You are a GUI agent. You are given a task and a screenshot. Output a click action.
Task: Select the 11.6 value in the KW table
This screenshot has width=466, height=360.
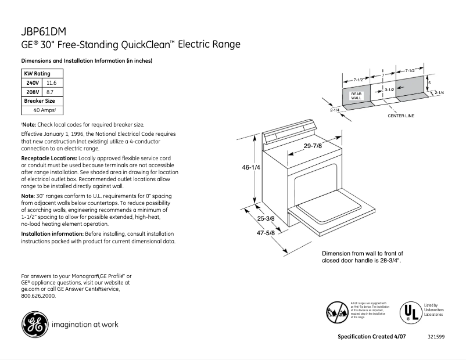(51, 83)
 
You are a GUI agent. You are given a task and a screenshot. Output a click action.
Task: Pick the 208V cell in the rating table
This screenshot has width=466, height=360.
(32, 92)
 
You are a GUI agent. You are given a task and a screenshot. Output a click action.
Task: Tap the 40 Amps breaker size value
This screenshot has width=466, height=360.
(44, 110)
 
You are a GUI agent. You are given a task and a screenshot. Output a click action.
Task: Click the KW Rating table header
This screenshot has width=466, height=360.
(37, 74)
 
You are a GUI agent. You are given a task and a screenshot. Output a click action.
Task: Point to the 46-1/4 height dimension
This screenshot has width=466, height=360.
(251, 167)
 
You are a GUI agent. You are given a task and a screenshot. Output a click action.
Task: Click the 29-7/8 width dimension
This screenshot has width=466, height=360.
(313, 146)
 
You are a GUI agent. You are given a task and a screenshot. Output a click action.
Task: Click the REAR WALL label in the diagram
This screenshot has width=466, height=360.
(356, 96)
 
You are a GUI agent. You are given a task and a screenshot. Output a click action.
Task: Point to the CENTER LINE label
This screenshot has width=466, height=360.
(401, 116)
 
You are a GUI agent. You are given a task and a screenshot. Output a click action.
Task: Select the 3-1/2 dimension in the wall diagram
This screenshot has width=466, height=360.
(389, 90)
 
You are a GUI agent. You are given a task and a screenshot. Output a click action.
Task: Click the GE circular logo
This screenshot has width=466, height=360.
(35, 325)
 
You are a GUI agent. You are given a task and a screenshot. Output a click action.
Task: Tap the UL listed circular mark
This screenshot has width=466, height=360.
(410, 312)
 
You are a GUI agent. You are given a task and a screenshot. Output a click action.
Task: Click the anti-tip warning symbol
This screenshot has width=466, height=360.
(337, 312)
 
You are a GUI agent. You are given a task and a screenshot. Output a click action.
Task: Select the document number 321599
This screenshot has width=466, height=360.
(436, 337)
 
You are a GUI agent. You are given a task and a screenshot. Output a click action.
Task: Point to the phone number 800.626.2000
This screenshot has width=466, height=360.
(38, 296)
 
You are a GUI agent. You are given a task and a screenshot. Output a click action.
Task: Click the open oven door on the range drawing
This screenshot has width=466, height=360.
(334, 213)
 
